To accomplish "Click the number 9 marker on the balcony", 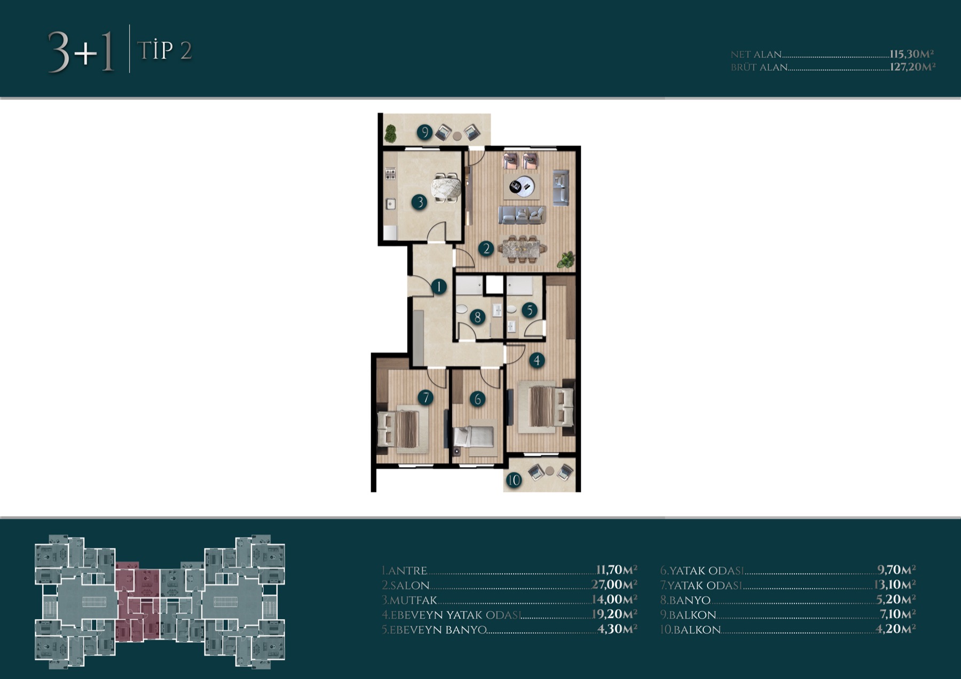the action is [424, 132].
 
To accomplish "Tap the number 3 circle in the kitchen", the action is [420, 202].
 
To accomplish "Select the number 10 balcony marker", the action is [514, 480].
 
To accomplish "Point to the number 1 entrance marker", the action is [439, 287].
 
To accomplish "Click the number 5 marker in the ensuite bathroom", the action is [530, 310].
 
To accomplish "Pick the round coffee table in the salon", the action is [522, 186].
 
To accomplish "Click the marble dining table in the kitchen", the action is [446, 188].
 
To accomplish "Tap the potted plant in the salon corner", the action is [565, 260].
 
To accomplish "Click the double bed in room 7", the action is [403, 429].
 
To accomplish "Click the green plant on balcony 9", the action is [391, 133].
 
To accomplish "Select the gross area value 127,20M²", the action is [912, 67].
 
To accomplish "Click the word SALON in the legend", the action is [409, 586].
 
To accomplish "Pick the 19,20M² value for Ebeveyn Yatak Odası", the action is [615, 614].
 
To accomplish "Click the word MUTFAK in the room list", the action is [413, 601].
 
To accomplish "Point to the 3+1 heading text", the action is [82, 52].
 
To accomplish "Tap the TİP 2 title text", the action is [164, 51].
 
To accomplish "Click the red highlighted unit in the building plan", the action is [137, 601].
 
